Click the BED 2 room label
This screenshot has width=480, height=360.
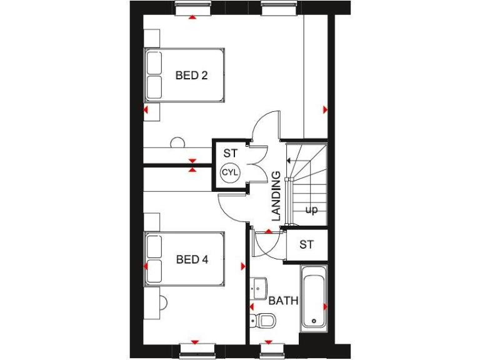[191, 76]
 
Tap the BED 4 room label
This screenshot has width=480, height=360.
[191, 259]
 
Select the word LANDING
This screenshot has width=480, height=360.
[276, 196]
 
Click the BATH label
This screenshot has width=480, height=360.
[283, 301]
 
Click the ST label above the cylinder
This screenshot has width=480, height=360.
[231, 152]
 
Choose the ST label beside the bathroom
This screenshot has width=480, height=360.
[306, 244]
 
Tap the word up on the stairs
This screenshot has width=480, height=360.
[311, 210]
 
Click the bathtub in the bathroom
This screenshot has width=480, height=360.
[313, 296]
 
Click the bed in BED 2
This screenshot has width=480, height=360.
[184, 76]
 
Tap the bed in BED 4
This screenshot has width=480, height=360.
[184, 259]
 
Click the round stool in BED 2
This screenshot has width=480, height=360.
[177, 142]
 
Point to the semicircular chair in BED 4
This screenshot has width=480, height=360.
[164, 303]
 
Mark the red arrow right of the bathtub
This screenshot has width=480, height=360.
[325, 307]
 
